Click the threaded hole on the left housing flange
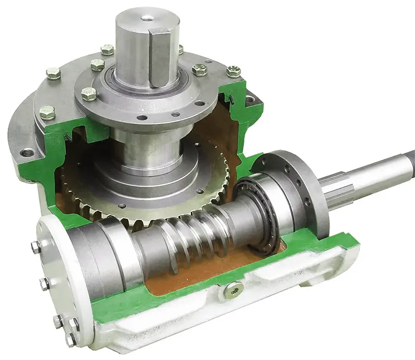(27, 153)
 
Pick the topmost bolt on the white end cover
(36, 247)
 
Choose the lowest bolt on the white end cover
(70, 340)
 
